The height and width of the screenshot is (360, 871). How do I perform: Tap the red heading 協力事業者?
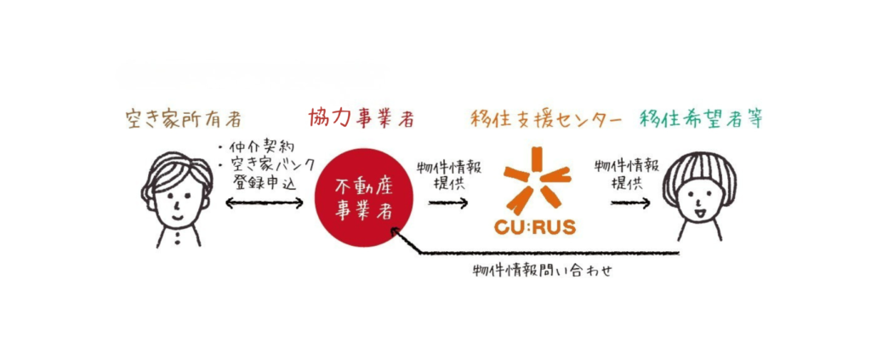coord(361,119)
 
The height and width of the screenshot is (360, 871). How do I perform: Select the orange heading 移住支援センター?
coord(544,119)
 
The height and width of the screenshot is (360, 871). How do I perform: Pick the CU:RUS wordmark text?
coord(534,227)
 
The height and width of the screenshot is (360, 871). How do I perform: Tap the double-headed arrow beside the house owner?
coord(263,203)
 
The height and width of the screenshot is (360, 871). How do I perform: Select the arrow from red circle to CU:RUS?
coord(447,203)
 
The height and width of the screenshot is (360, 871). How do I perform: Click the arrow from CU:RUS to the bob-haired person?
coord(630,203)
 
